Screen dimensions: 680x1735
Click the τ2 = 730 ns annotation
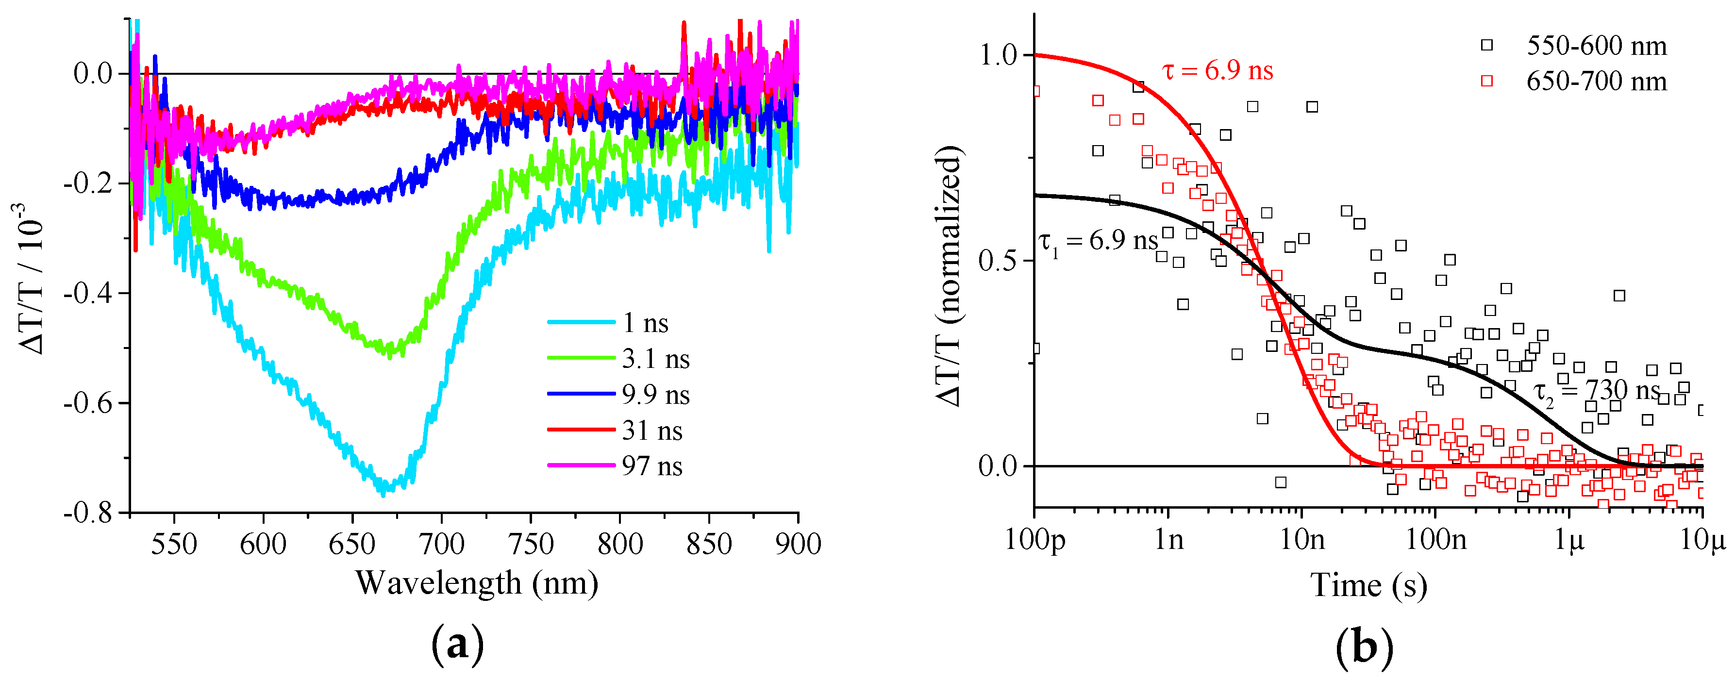(1596, 392)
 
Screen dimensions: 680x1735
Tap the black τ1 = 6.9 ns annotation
(1098, 242)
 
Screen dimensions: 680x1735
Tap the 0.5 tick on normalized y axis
(997, 261)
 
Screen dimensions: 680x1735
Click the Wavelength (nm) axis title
(476, 583)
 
